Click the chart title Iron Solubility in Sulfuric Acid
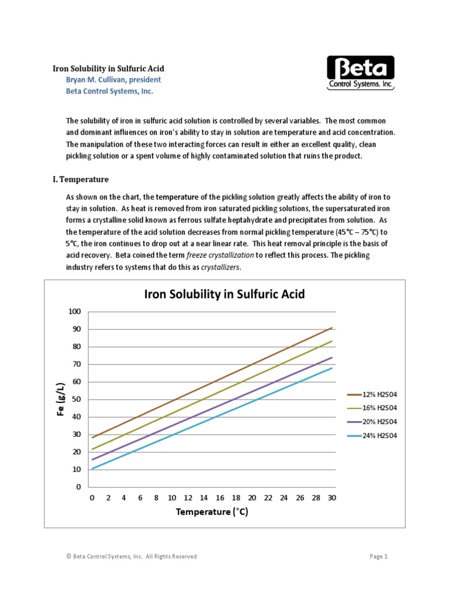(x=224, y=294)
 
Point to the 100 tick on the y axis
(x=74, y=311)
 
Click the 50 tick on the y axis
(x=76, y=400)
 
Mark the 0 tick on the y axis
(x=78, y=487)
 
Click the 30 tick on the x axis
(x=332, y=498)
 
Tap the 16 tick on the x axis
(x=220, y=498)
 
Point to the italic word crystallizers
(x=220, y=267)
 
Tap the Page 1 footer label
(x=379, y=556)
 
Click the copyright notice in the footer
(x=132, y=556)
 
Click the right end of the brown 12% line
(x=332, y=328)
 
